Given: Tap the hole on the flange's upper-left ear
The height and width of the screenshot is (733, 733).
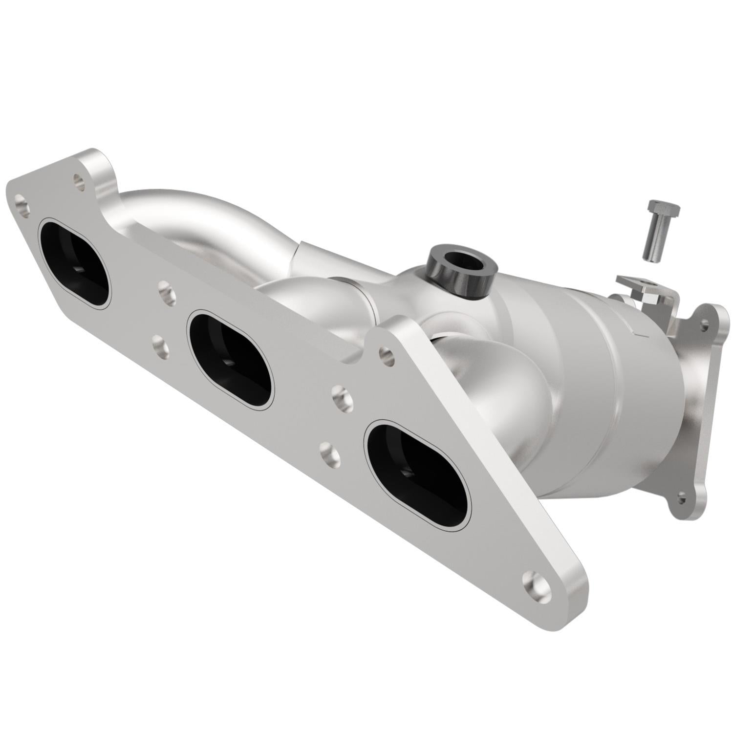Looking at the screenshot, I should pyautogui.click(x=77, y=179).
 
